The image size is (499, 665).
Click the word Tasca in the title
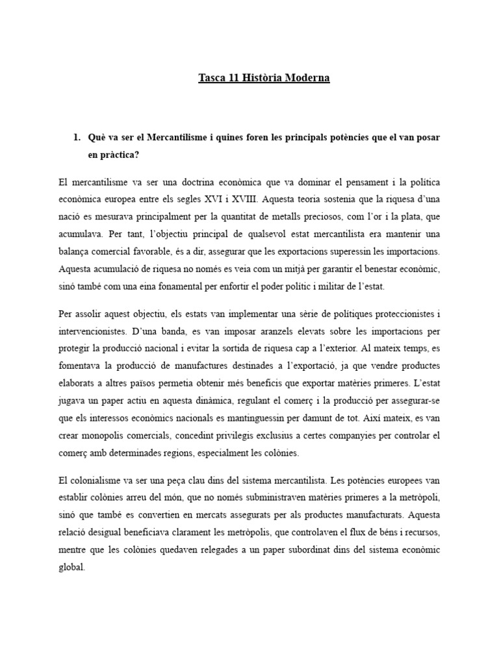212,78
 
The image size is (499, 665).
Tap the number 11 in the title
237,78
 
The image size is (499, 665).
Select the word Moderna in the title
308,78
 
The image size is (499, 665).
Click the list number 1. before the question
76,138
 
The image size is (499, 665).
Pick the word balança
76,250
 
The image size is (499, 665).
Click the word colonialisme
97,481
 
